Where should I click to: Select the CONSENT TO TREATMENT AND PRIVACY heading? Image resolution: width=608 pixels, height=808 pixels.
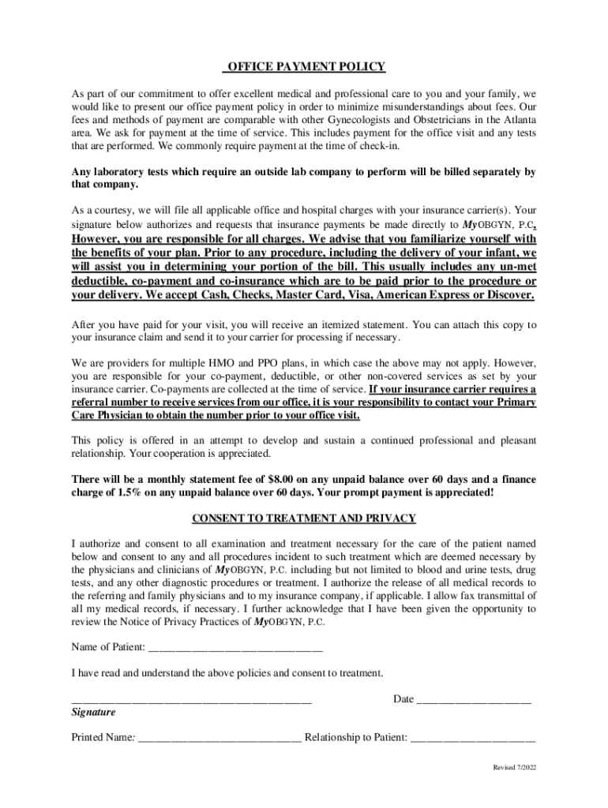(x=304, y=518)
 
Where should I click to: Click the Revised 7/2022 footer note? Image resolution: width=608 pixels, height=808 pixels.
(x=514, y=768)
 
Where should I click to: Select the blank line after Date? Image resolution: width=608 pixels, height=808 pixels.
(x=474, y=699)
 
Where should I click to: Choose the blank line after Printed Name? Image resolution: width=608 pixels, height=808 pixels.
(x=219, y=739)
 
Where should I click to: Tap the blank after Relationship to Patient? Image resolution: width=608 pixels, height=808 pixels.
(x=473, y=739)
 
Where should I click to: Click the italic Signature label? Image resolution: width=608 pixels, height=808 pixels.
(x=93, y=713)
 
